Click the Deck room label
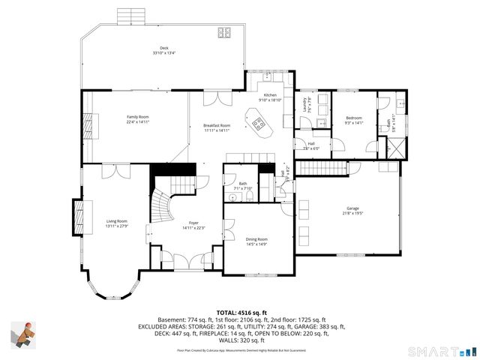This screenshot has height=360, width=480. pos(163,50)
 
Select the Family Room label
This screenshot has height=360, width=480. pos(137,119)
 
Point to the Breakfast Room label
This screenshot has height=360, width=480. pos(217,127)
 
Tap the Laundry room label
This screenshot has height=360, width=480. pos(306,105)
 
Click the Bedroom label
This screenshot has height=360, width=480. pos(354,120)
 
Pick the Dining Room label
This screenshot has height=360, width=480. pos(256,241)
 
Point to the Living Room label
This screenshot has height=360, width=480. pos(116,223)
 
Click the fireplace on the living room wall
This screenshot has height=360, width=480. pos(78,217)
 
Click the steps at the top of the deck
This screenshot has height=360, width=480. pos(129,16)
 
